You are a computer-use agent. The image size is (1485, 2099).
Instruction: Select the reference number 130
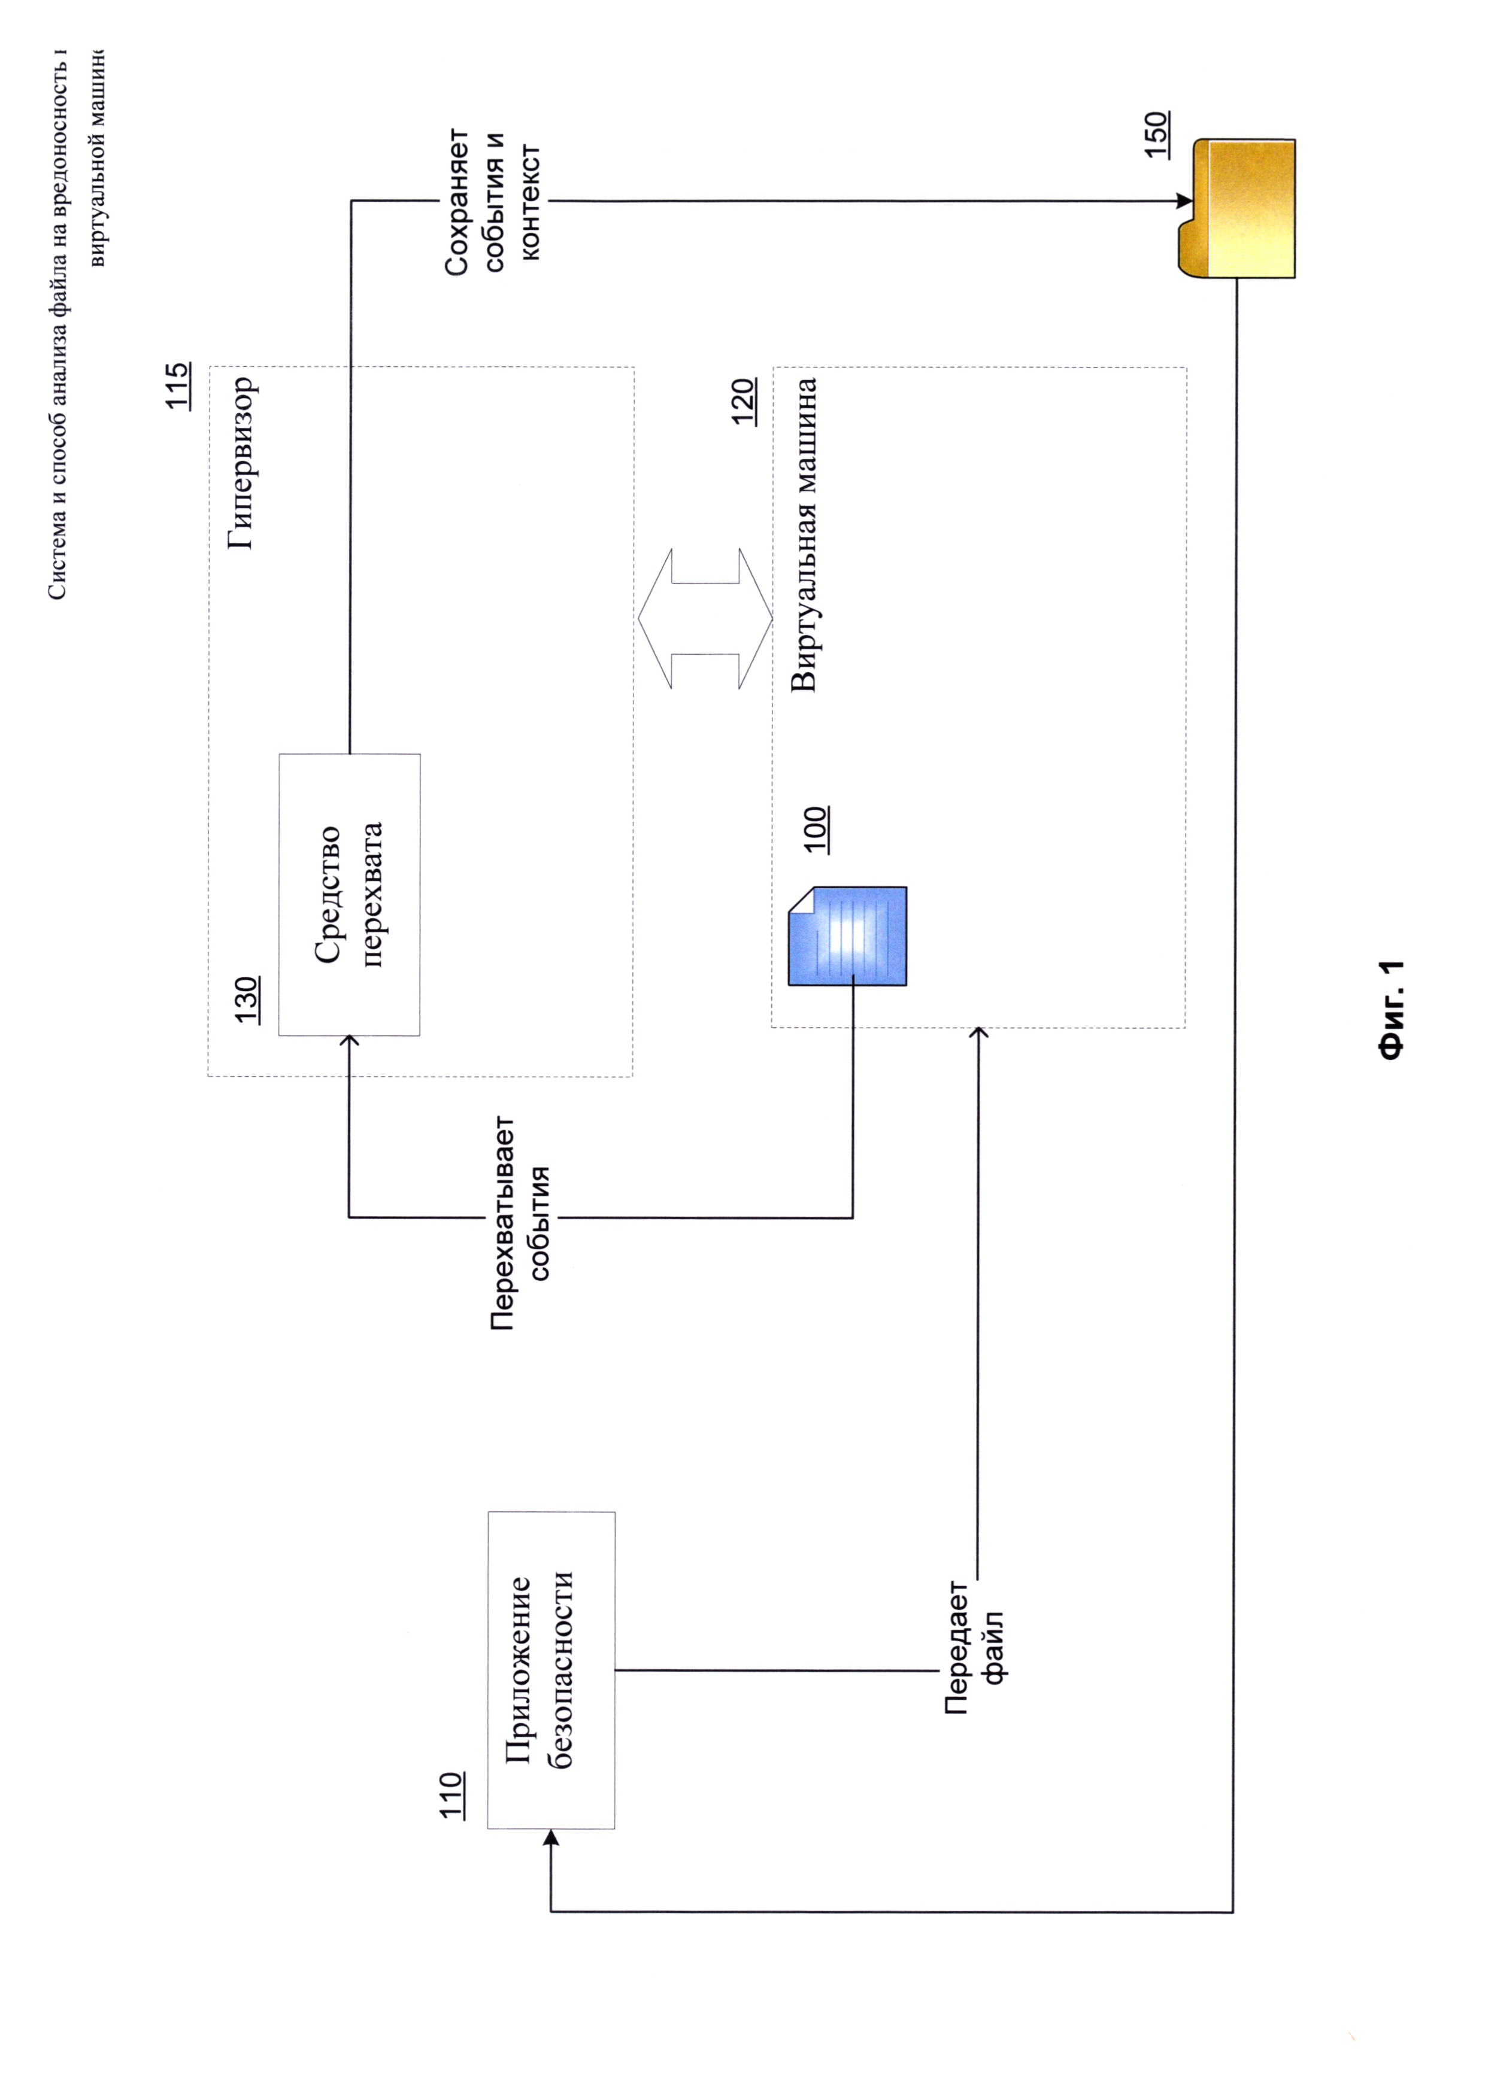point(247,1000)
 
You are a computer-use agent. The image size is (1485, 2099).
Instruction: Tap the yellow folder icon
point(1237,208)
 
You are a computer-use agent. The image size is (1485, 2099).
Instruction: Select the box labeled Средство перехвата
point(349,894)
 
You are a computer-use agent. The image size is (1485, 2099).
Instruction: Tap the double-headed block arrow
point(705,618)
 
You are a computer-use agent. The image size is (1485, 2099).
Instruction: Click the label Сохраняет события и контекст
point(494,201)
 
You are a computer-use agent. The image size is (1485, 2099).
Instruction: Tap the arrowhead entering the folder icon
point(1183,201)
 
